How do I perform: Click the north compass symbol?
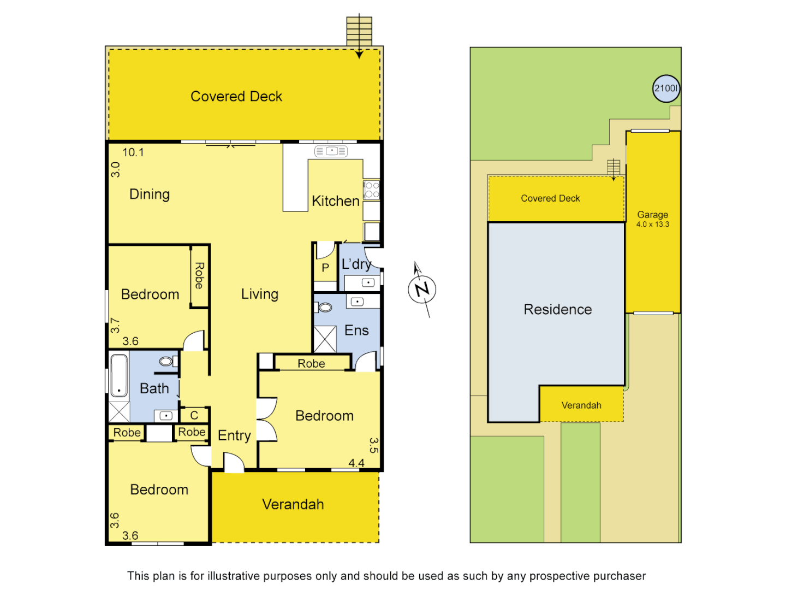point(422,290)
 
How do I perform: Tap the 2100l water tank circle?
point(666,88)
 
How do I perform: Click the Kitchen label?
point(335,201)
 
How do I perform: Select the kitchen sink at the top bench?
point(331,151)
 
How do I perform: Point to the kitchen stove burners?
point(372,190)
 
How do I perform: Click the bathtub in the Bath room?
point(119,376)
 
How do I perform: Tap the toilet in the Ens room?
point(325,308)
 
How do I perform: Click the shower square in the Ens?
point(325,339)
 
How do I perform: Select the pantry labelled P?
point(325,268)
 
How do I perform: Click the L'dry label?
point(356,264)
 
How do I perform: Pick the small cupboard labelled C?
point(194,415)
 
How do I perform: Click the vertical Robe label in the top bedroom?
point(199,276)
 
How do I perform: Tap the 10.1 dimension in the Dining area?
point(133,152)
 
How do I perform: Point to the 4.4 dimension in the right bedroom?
point(356,463)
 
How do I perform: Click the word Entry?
point(234,435)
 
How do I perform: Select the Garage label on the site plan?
point(652,215)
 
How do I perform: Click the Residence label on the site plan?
point(557,309)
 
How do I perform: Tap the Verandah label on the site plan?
point(581,405)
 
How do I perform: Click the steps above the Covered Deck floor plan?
point(359,31)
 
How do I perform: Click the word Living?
point(260,294)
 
